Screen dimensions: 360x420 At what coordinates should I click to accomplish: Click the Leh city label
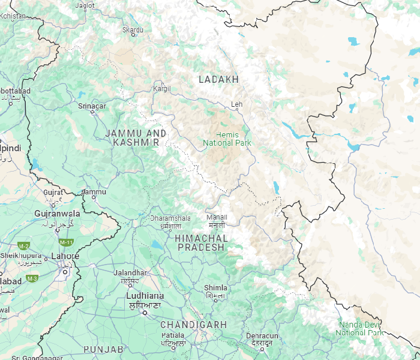[x=237, y=104]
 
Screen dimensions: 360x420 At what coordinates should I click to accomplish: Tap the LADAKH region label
[x=218, y=79]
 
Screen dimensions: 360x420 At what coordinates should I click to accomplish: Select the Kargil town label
[x=161, y=88]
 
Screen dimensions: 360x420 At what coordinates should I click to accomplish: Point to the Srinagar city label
[x=92, y=106]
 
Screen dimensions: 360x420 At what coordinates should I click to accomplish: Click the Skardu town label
[x=133, y=29]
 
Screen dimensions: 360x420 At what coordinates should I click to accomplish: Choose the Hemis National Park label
[x=227, y=139]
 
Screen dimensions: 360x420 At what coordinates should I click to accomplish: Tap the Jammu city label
[x=94, y=192]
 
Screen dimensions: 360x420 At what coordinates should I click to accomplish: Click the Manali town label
[x=216, y=217]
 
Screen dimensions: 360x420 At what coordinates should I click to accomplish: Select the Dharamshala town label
[x=170, y=218]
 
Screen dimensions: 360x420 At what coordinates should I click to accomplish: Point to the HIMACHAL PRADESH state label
[x=202, y=242]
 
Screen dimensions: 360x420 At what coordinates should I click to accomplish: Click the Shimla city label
[x=215, y=288]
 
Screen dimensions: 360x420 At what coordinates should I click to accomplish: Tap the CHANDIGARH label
[x=193, y=324]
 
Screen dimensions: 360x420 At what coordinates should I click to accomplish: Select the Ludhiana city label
[x=145, y=296]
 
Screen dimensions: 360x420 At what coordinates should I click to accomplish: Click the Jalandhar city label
[x=130, y=273]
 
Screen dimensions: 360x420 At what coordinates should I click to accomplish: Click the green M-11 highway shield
[x=66, y=242]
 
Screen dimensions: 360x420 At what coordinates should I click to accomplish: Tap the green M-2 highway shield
[x=24, y=246]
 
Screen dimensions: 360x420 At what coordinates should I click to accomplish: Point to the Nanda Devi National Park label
[x=359, y=328]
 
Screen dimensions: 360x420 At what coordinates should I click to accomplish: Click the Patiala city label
[x=172, y=335]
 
